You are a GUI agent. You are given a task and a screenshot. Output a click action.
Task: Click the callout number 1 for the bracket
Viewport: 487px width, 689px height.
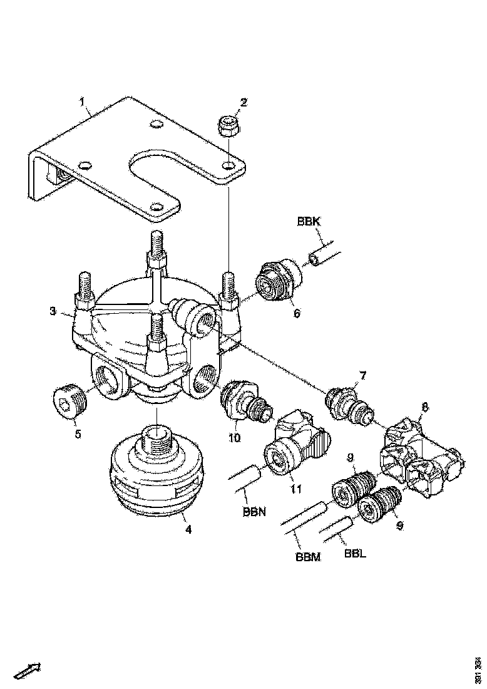[81, 101]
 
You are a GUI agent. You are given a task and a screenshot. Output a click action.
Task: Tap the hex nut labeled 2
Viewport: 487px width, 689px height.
[229, 126]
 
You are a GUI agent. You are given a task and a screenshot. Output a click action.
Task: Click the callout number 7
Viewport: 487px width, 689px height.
[362, 376]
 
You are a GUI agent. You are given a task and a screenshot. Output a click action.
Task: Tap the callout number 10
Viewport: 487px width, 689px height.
[234, 438]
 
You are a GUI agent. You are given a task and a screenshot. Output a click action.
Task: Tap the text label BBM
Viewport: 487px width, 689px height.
[307, 557]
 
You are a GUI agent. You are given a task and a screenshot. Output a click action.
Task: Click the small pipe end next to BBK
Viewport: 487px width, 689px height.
[317, 258]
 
